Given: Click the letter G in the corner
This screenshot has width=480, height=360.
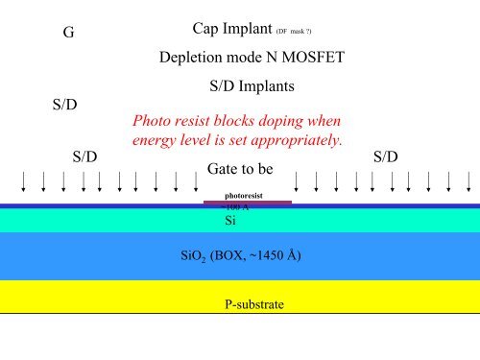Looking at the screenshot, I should pos(67,32).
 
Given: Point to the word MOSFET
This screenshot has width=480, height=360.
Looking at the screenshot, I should pos(312,58).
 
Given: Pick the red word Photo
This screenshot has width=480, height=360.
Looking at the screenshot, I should pos(152,122).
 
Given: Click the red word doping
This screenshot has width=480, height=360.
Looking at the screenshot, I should pos(275,122).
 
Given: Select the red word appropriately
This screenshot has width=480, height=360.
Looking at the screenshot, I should pos(294,141).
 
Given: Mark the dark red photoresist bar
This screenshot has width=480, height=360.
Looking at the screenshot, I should pos(248,202).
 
